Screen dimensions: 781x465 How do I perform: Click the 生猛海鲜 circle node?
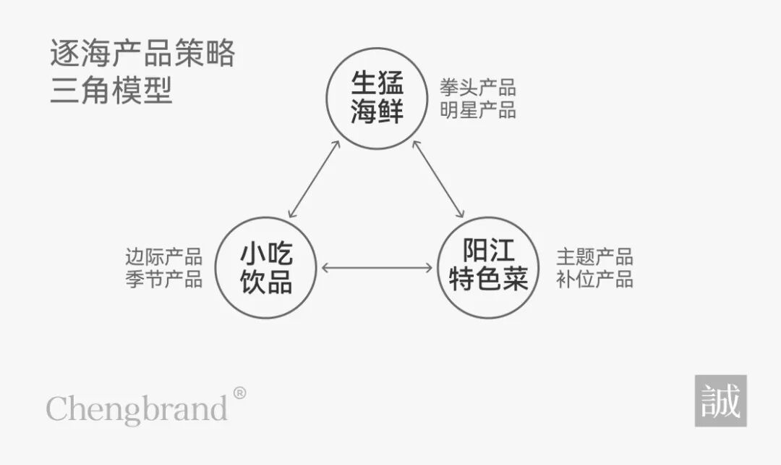(377, 99)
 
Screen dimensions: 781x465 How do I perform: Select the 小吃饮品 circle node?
(266, 267)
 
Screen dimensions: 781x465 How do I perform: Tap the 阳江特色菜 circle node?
(489, 267)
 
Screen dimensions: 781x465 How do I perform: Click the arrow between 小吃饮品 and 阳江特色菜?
(377, 268)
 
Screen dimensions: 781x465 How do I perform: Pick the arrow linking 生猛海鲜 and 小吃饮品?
(314, 180)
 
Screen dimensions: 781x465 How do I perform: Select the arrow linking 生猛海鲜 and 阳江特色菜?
(438, 180)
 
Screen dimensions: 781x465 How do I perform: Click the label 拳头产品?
(477, 88)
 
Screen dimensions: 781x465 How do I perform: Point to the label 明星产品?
(477, 111)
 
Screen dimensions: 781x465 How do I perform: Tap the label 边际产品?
(163, 257)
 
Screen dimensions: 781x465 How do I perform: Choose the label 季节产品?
(163, 280)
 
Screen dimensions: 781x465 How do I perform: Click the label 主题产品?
(594, 257)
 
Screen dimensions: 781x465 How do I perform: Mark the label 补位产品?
(594, 280)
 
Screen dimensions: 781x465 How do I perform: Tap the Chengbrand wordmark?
(137, 409)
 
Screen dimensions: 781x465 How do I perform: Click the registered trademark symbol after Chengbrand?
(239, 393)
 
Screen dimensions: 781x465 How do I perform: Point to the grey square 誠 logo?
(720, 401)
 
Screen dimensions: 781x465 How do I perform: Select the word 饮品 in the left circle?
(266, 281)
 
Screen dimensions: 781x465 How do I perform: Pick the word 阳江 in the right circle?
(489, 252)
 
